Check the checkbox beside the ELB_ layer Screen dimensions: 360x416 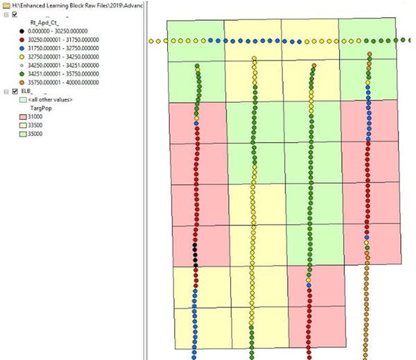15,91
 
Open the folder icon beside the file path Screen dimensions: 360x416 6,5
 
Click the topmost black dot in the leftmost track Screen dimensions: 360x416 196,246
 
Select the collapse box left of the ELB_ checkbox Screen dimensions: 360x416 6,91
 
